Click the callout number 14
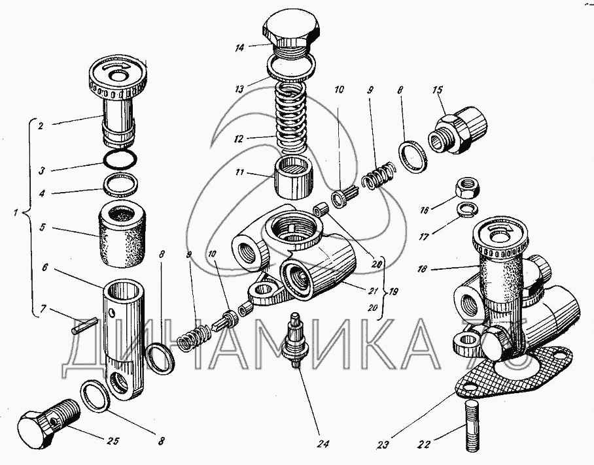pyautogui.click(x=239, y=48)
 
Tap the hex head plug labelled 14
pyautogui.click(x=290, y=37)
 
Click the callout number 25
pyautogui.click(x=114, y=441)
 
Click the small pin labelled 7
pyautogui.click(x=85, y=326)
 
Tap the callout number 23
pyautogui.click(x=383, y=445)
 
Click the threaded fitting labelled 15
pyautogui.click(x=457, y=129)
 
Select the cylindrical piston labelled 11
pyautogui.click(x=294, y=178)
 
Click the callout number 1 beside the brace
pyautogui.click(x=15, y=212)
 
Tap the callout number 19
pyautogui.click(x=393, y=292)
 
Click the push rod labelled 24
pyautogui.click(x=296, y=338)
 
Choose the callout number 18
pyautogui.click(x=423, y=269)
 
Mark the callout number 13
pyautogui.click(x=239, y=89)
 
